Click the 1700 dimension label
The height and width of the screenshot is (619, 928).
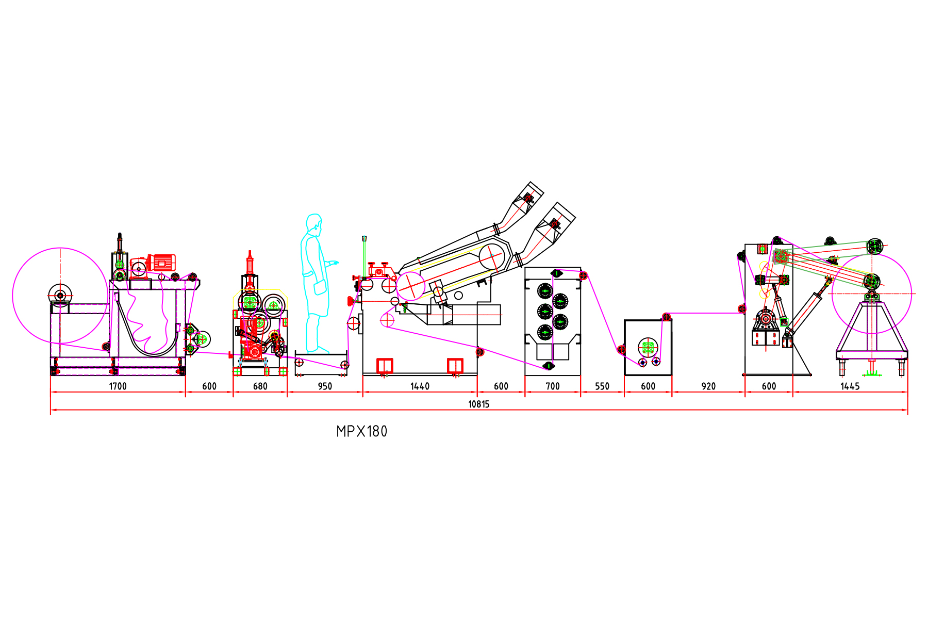click(x=118, y=386)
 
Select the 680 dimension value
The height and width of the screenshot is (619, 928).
click(x=260, y=386)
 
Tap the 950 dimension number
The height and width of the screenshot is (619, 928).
click(x=325, y=386)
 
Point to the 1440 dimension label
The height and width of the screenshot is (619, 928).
click(x=420, y=386)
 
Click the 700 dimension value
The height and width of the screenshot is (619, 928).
click(x=553, y=386)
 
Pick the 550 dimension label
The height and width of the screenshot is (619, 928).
click(x=602, y=386)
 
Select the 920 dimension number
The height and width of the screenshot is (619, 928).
click(x=708, y=386)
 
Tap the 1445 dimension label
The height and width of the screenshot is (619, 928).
click(x=850, y=386)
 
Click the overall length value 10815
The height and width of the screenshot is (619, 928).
click(x=479, y=404)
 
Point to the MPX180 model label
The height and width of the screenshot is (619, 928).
click(x=361, y=431)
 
